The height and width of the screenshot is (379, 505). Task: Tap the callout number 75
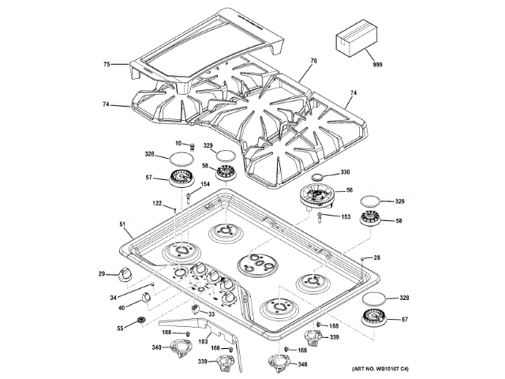(107, 64)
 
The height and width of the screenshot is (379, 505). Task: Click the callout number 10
(178, 144)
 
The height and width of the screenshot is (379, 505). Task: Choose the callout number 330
(345, 172)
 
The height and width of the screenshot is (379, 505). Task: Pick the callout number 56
(349, 190)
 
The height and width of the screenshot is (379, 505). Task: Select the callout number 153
(345, 216)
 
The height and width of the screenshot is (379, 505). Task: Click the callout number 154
(204, 185)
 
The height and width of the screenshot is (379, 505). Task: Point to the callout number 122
(157, 204)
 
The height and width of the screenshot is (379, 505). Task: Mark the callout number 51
(122, 224)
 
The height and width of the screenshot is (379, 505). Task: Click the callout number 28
(376, 258)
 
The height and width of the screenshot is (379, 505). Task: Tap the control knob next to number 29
(124, 274)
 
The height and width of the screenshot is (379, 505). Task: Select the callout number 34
(113, 297)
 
